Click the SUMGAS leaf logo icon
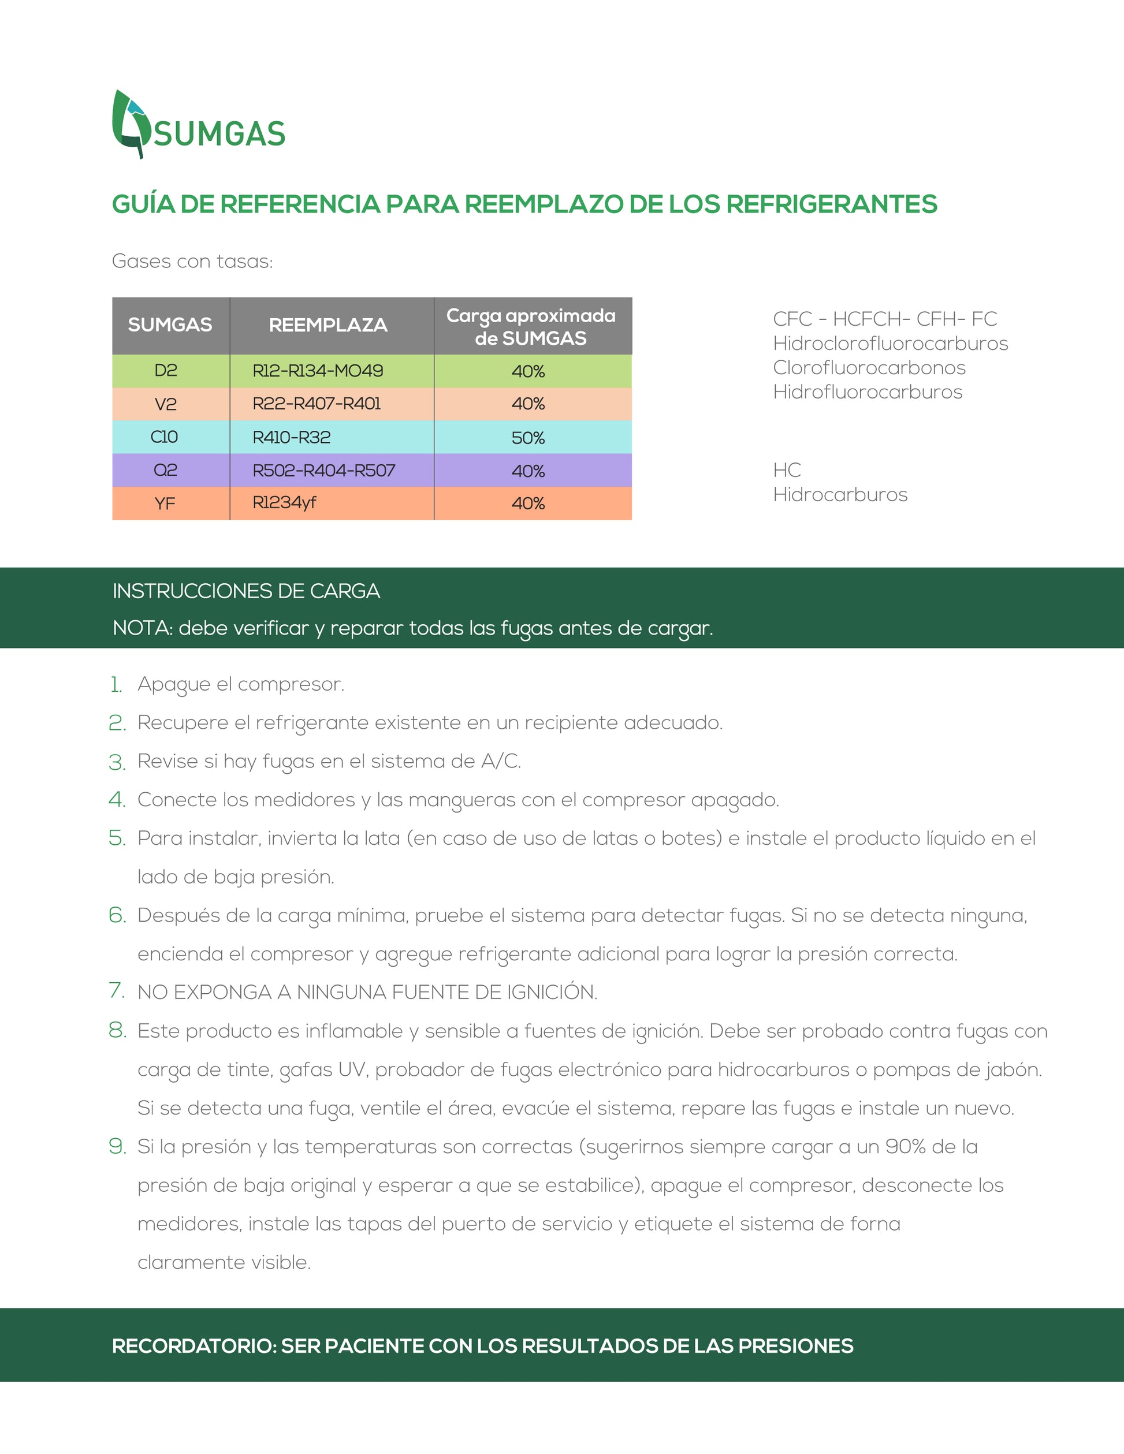pyautogui.click(x=130, y=124)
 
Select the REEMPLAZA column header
pyautogui.click(x=327, y=325)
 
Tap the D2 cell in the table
pyautogui.click(x=166, y=371)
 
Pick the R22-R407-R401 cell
pyautogui.click(x=317, y=404)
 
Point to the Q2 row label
pyautogui.click(x=165, y=471)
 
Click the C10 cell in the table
pyautogui.click(x=165, y=437)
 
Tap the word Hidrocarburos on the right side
pyautogui.click(x=840, y=495)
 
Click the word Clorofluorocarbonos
pyautogui.click(x=869, y=367)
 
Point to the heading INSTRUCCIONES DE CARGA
pyautogui.click(x=247, y=591)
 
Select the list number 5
pyautogui.click(x=117, y=838)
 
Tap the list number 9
pyautogui.click(x=117, y=1146)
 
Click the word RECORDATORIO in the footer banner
pyautogui.click(x=193, y=1345)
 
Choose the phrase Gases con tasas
pyautogui.click(x=192, y=261)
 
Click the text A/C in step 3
pyautogui.click(x=500, y=761)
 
